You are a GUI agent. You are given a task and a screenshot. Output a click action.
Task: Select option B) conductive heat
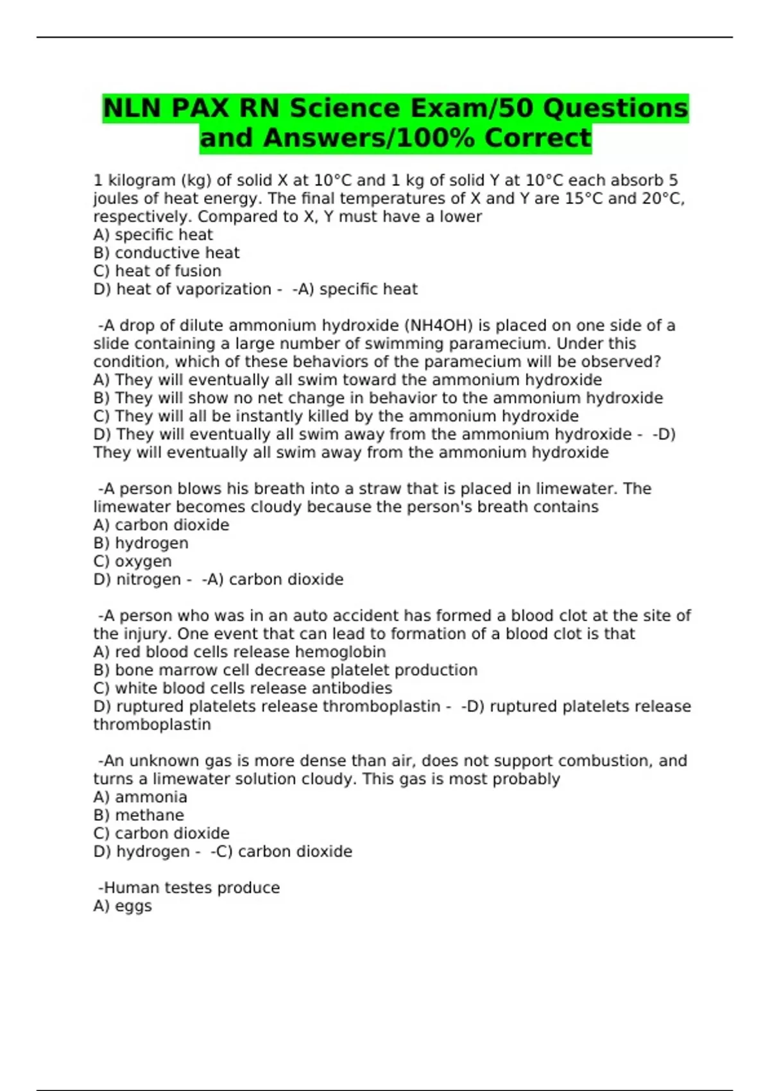pos(166,253)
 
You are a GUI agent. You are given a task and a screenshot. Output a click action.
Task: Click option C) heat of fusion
pos(157,271)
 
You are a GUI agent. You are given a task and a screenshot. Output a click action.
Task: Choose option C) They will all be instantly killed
pos(336,416)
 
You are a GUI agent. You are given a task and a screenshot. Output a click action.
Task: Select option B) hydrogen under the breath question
pos(141,543)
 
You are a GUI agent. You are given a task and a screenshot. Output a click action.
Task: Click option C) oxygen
pos(132,561)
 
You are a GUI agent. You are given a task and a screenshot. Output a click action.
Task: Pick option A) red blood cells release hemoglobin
pos(239,652)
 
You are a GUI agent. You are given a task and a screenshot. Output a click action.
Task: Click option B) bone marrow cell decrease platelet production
pos(285,670)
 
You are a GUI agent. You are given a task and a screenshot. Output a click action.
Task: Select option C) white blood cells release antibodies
pos(243,688)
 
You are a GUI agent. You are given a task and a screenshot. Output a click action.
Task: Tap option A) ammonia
pos(140,797)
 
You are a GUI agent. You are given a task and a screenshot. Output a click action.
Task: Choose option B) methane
pos(139,815)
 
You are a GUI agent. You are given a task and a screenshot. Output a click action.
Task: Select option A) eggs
pos(123,906)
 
